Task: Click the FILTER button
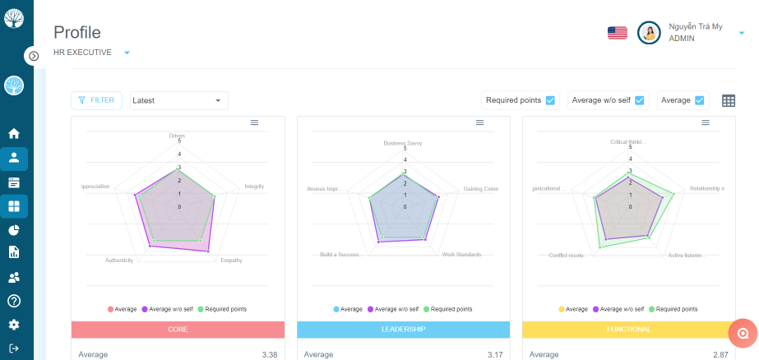96,100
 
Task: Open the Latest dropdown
178,100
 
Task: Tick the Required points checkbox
550,100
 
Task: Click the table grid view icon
729,100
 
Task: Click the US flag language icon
617,33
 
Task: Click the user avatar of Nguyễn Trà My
649,33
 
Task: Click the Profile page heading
77,32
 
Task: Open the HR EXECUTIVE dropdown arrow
127,53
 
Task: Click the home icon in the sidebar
14,133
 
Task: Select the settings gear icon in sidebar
14,325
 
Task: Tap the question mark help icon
14,301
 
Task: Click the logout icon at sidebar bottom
14,348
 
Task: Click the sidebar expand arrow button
33,56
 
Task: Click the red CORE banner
178,329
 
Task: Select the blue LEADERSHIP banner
403,329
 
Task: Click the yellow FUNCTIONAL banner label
628,329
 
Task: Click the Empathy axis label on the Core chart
231,260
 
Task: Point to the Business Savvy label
403,143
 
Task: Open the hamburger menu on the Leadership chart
479,122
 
